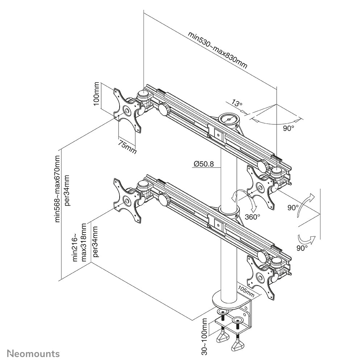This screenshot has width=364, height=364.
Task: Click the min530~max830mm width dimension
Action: [x=218, y=50]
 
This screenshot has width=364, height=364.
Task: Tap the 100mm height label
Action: [x=96, y=94]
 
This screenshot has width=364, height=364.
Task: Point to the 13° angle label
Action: [x=237, y=104]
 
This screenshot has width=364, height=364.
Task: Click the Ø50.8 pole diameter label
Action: [x=203, y=164]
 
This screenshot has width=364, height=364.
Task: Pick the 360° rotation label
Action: [x=252, y=217]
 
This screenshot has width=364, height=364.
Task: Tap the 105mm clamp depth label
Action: [x=247, y=289]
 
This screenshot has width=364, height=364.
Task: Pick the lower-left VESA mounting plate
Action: [x=127, y=200]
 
